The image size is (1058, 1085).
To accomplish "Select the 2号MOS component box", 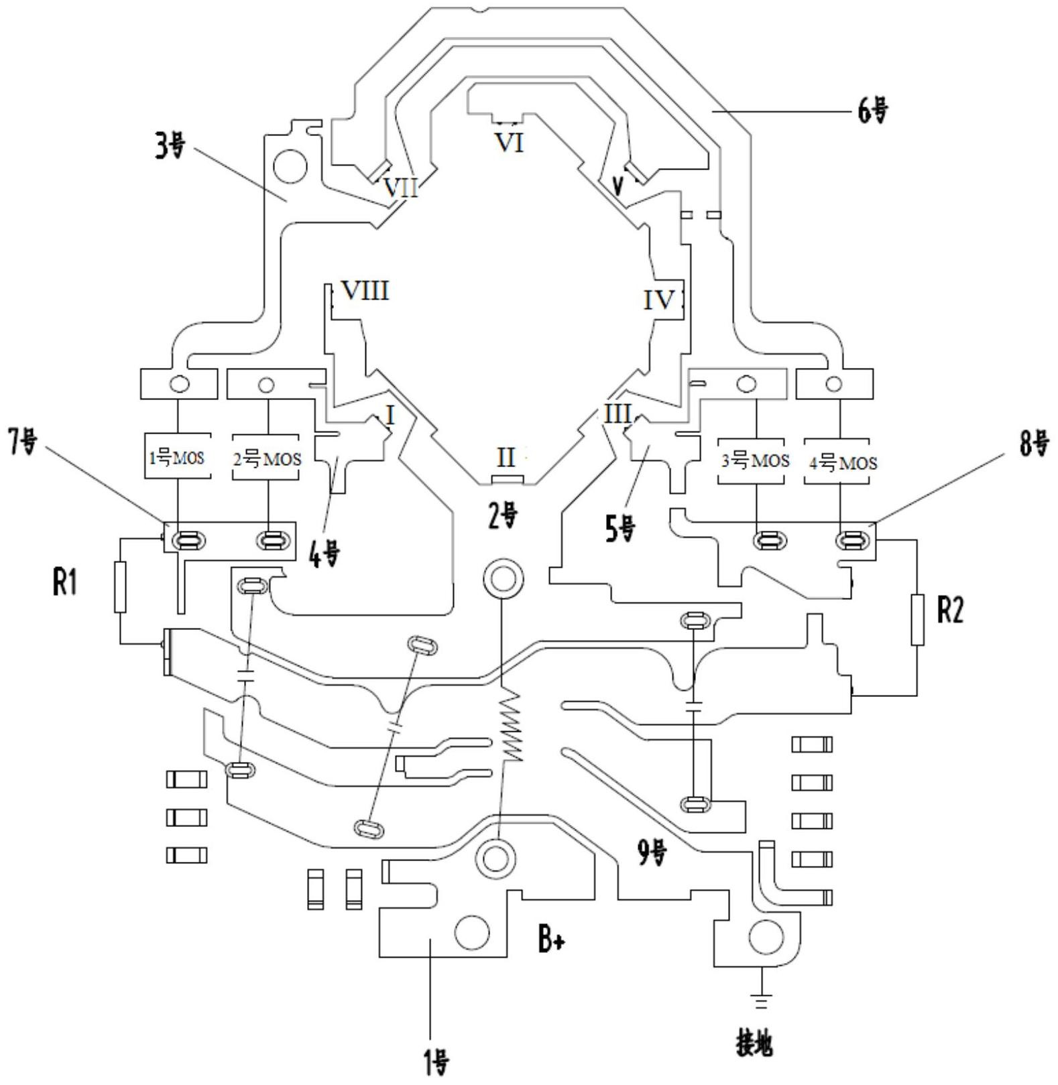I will click(x=267, y=458).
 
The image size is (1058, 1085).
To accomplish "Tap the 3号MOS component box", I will click(x=755, y=460).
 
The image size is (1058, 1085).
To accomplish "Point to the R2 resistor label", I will click(x=949, y=611).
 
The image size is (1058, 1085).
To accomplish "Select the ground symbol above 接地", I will click(x=761, y=1001).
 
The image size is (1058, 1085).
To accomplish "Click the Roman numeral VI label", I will click(x=509, y=143).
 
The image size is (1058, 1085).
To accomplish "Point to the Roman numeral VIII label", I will click(x=365, y=291).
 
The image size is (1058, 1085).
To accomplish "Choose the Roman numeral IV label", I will click(x=658, y=300).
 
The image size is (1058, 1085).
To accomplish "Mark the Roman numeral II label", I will click(x=506, y=458).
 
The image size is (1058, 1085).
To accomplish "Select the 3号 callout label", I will click(x=170, y=145).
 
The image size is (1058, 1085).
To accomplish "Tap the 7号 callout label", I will click(x=23, y=442).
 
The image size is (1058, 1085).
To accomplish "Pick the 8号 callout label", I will click(x=1034, y=443).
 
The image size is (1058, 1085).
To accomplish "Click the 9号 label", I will click(x=652, y=853).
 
